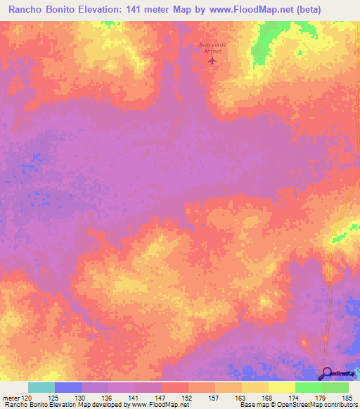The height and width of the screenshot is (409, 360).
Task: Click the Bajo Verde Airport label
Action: [212, 47]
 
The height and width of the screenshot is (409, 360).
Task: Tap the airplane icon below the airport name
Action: [213, 61]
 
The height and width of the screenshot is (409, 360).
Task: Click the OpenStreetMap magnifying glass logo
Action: [326, 374]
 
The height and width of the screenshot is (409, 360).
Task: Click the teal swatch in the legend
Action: [41, 387]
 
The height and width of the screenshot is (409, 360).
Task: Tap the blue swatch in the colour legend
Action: [68, 387]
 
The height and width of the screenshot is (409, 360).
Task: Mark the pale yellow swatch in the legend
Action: [282, 387]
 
